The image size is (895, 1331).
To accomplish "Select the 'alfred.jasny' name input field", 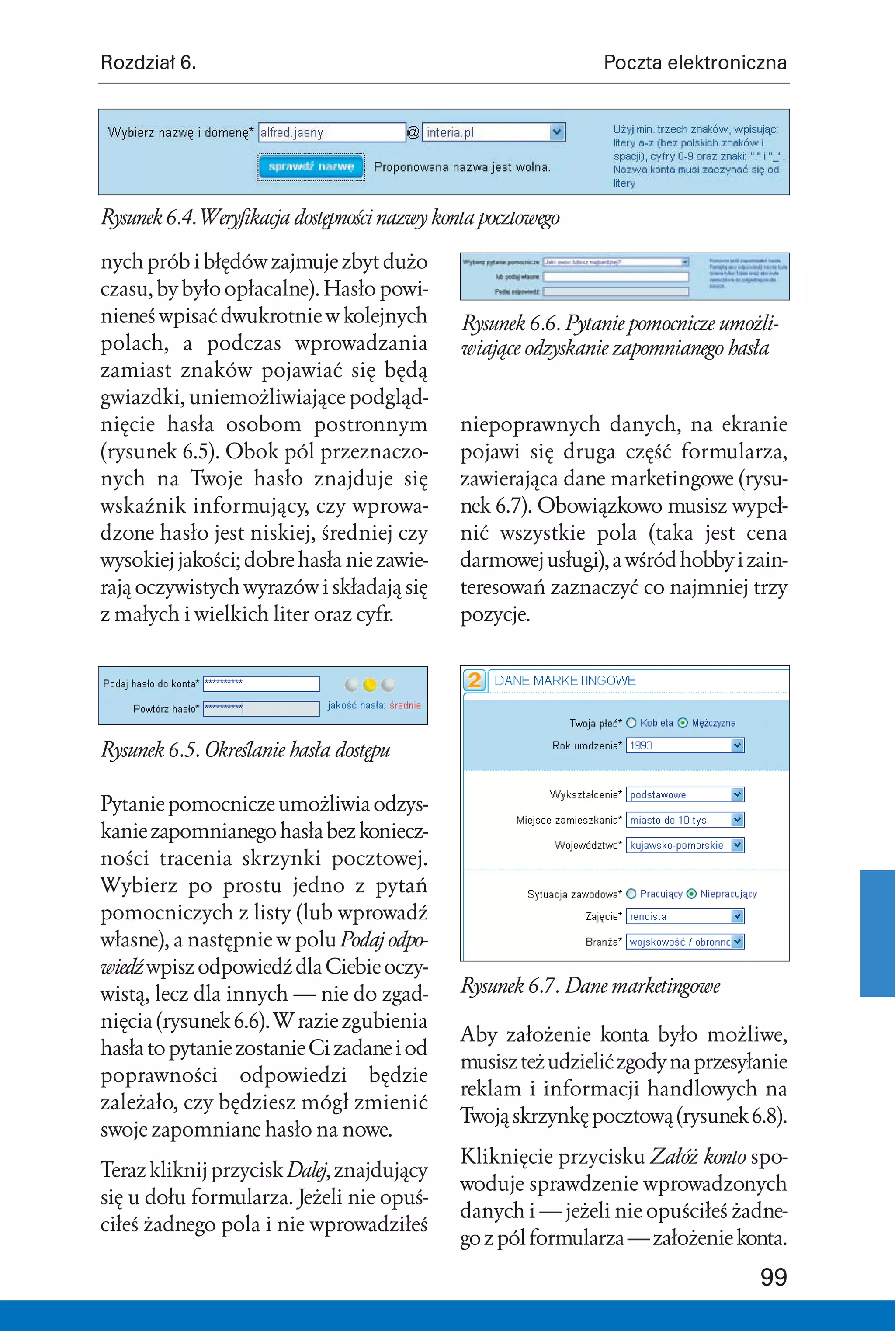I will (x=332, y=132).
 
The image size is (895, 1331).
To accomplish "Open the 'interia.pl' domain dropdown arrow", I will (x=557, y=132).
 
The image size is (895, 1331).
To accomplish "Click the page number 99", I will (x=774, y=1277).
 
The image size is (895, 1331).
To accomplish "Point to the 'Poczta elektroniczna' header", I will (x=695, y=62).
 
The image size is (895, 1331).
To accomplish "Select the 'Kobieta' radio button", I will (x=631, y=723).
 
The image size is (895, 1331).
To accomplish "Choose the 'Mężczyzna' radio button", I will (x=683, y=723).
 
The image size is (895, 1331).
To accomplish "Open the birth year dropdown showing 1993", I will (x=685, y=745).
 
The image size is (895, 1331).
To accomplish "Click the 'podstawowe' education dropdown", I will (x=685, y=794).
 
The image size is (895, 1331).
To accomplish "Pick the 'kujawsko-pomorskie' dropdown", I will (x=685, y=845).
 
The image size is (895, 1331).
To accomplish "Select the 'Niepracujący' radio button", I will (x=691, y=894).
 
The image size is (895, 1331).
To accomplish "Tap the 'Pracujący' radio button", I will (x=631, y=894).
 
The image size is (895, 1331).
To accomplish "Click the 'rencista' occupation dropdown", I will (x=685, y=917).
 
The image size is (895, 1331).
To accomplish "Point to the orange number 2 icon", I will (x=474, y=680).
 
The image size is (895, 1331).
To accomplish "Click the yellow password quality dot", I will (x=370, y=684).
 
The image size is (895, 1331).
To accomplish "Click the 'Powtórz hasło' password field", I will (x=261, y=709).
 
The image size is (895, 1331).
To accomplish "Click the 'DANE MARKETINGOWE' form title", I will (x=565, y=681).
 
